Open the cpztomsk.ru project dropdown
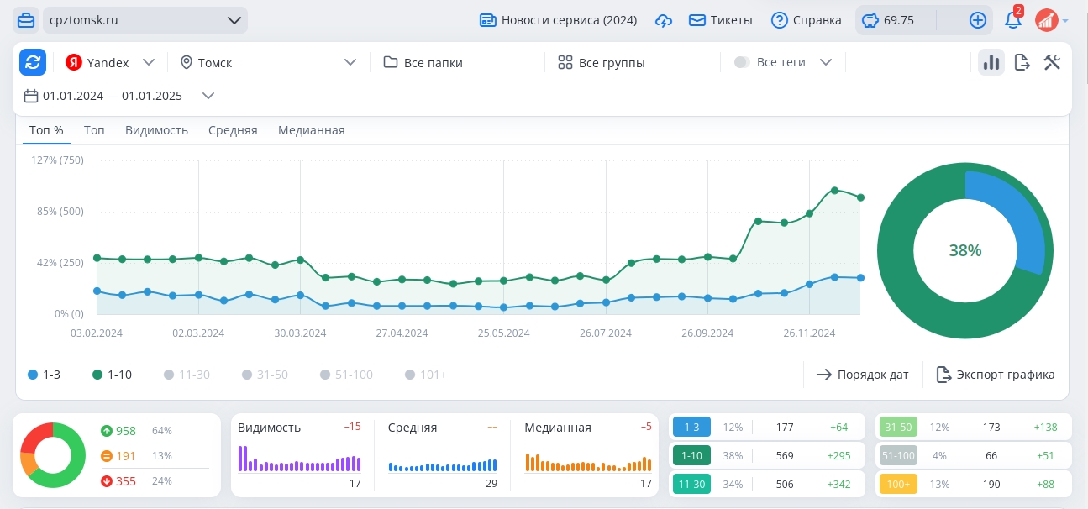[145, 20]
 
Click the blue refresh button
[33, 62]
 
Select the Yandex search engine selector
[110, 63]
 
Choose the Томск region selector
[268, 63]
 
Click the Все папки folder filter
[423, 63]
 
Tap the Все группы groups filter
[602, 63]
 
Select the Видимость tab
[156, 130]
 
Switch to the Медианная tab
[312, 130]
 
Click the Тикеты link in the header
[721, 20]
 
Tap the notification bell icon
[1012, 20]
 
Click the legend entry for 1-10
[113, 375]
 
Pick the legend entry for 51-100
[347, 375]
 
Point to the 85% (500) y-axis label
[60, 212]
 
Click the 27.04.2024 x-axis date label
[402, 333]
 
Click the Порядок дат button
[863, 375]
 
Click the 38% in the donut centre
[965, 250]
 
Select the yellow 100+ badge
[898, 485]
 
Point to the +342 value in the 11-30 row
[838, 485]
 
